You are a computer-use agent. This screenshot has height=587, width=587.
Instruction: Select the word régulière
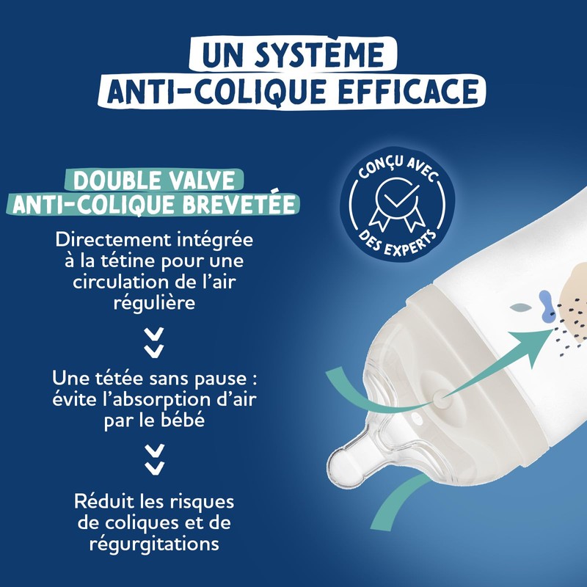click(154, 302)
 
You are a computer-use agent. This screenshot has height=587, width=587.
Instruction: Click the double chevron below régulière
click(154, 342)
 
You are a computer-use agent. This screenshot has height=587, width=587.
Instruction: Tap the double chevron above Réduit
click(154, 459)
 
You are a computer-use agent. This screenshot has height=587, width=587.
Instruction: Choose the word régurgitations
click(154, 544)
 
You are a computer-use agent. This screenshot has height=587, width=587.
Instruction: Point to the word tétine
click(122, 261)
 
